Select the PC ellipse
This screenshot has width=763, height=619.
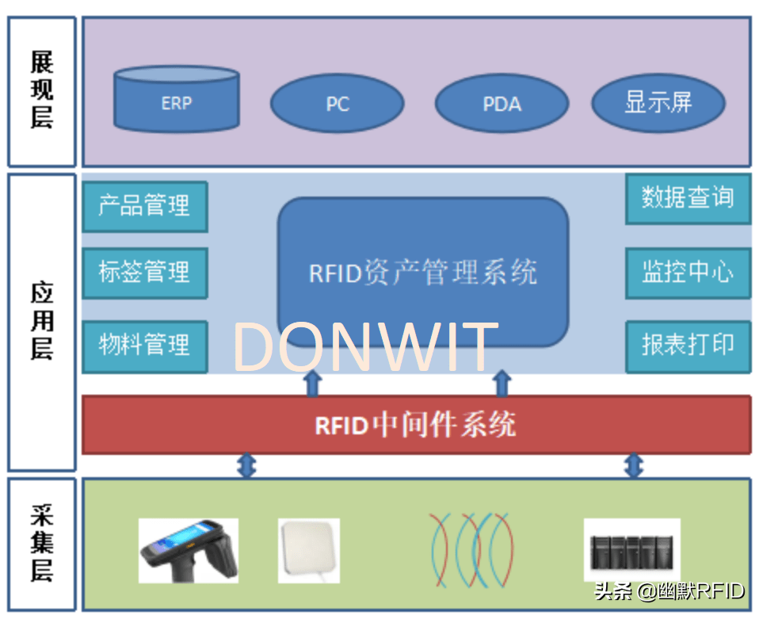click(338, 104)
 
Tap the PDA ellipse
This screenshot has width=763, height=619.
click(502, 104)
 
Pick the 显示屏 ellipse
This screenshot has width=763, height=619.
click(658, 102)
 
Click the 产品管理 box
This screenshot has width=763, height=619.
click(144, 206)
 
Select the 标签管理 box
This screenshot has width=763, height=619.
click(144, 273)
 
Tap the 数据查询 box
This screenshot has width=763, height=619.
click(687, 198)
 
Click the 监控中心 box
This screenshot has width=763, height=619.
click(687, 273)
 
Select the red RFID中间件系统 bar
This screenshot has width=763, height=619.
click(416, 425)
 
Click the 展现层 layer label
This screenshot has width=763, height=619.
click(42, 91)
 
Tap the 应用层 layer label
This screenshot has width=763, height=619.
click(42, 321)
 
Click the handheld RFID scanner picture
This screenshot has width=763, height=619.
click(188, 549)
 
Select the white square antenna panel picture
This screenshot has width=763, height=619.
click(309, 549)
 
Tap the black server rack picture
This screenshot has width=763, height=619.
click(631, 549)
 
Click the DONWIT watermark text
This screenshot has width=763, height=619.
click(364, 347)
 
